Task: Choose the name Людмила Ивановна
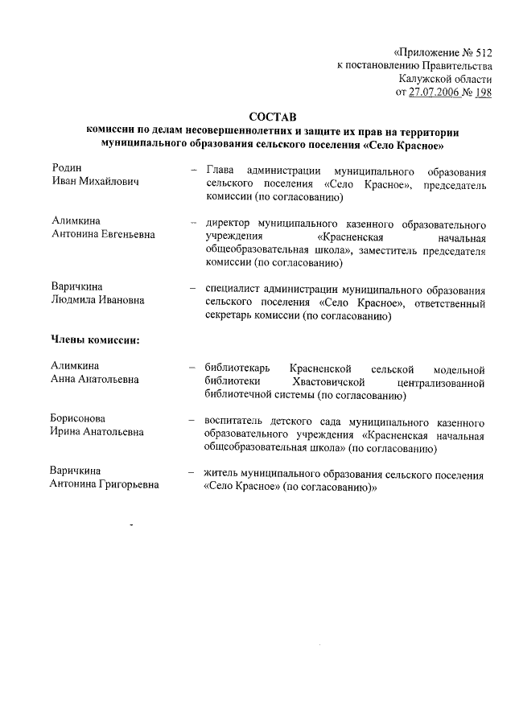tap(97, 300)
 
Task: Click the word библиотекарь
tap(238, 368)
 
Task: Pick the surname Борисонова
tap(78, 418)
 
